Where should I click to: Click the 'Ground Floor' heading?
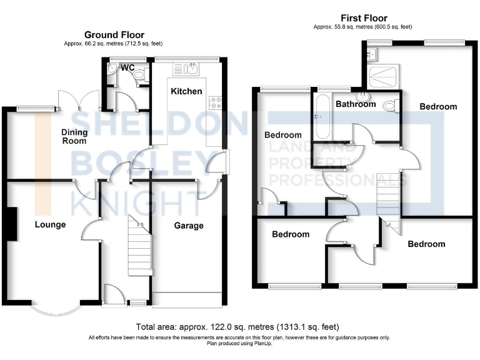point(114,35)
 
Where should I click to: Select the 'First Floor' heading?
point(363,18)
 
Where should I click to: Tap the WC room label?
point(127,67)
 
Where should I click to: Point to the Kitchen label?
point(186,91)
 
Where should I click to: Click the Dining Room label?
point(74,137)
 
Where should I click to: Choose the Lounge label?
point(50,224)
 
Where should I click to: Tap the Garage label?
point(188,226)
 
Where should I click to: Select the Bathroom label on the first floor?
point(356,104)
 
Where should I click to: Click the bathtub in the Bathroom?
point(322,117)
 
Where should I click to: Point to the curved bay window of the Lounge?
point(55,309)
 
